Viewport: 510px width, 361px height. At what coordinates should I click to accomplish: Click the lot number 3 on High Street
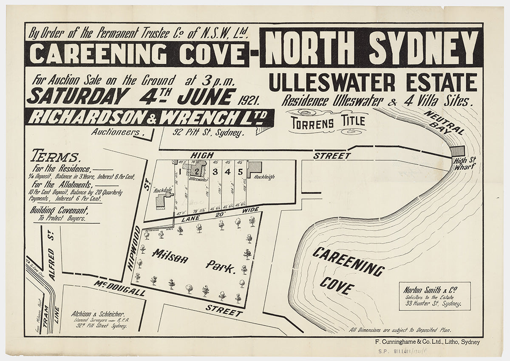tap(215, 172)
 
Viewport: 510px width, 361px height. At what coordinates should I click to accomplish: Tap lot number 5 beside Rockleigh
tap(240, 172)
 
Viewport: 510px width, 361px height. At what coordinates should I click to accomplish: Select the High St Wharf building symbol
tap(458, 151)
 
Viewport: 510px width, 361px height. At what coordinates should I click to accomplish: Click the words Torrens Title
tap(329, 121)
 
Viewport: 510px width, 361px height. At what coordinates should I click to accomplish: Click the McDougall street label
tap(120, 289)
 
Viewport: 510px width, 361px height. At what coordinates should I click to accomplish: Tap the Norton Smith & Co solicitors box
tap(434, 296)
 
